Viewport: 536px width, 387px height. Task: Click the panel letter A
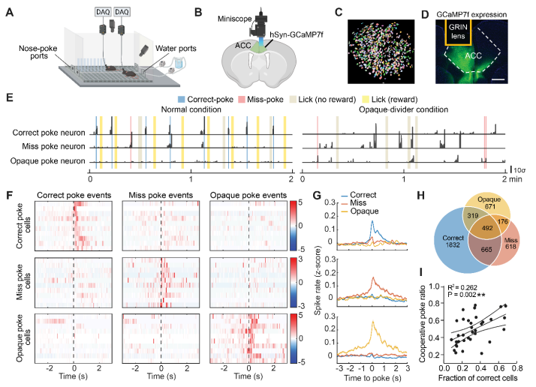point(9,12)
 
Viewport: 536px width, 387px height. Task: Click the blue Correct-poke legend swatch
point(183,99)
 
